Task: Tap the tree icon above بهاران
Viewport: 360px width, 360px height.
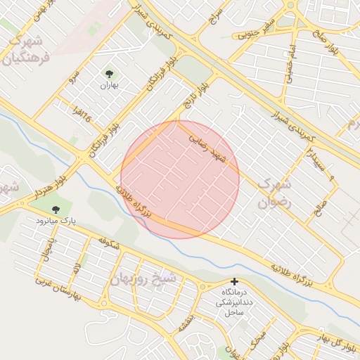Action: [109, 73]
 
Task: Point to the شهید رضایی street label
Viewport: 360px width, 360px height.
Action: [209, 149]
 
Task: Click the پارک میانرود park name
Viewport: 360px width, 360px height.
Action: [56, 221]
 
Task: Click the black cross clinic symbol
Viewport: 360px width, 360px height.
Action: [235, 281]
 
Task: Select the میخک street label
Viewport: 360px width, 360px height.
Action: [257, 342]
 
